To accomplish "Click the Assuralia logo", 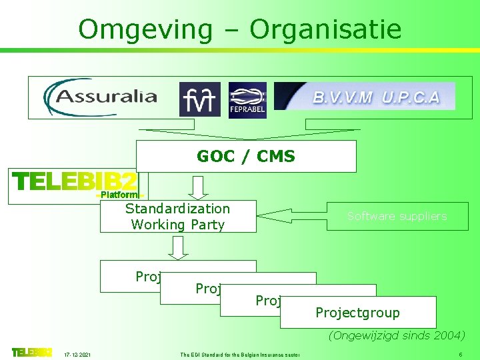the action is pos(101,97).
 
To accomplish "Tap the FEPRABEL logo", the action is pos(247,100).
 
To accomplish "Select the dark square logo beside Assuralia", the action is pos(199,99).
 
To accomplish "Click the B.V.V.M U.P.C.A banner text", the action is pos(377,97).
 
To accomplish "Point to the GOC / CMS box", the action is pos(246,156).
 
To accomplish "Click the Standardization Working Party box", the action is pos(178,217).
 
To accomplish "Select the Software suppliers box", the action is pos(397,216).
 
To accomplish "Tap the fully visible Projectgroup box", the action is pos(358,313).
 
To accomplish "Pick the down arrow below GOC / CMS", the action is pos(198,188).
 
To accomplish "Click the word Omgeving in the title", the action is pos(144,29).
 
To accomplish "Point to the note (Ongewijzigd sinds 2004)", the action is pos(397,335).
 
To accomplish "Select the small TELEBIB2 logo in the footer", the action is pos(31,352).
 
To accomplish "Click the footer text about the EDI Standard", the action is pos(239,353).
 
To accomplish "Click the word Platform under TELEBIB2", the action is pos(119,195).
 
